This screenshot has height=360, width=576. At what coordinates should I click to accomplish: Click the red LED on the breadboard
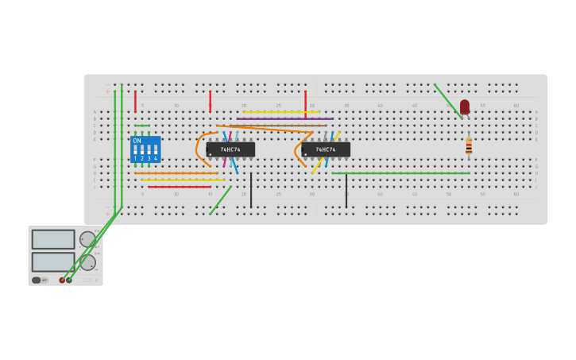(x=465, y=106)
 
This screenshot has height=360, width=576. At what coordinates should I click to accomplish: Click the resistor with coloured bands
(x=469, y=145)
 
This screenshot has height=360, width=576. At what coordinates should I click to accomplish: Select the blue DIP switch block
(x=145, y=149)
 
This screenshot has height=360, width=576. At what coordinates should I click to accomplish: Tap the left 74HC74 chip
(x=230, y=149)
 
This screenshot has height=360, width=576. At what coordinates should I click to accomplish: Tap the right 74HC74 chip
(x=326, y=149)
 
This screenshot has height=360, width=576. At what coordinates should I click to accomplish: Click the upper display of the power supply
(x=53, y=239)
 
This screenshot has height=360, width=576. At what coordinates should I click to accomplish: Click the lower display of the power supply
(x=53, y=261)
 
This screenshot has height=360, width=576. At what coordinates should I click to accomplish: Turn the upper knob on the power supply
(x=87, y=239)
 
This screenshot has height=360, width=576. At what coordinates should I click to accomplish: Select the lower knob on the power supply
(x=87, y=262)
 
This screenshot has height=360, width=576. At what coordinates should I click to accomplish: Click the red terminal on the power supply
(x=62, y=280)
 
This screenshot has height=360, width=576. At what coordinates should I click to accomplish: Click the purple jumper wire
(x=284, y=118)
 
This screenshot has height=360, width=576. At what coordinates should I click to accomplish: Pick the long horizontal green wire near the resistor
(x=400, y=173)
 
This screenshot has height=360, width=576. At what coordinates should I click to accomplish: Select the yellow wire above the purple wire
(x=281, y=112)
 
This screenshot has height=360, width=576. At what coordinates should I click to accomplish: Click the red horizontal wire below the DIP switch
(x=179, y=187)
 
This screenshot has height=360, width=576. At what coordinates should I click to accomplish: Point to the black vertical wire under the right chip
(x=346, y=191)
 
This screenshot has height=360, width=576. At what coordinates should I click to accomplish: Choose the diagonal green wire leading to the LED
(x=447, y=101)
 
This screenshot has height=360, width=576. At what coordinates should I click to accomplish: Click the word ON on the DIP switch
(x=137, y=141)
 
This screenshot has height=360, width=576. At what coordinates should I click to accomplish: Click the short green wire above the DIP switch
(x=142, y=126)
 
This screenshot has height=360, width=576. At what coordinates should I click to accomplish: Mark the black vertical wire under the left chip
(x=251, y=191)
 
